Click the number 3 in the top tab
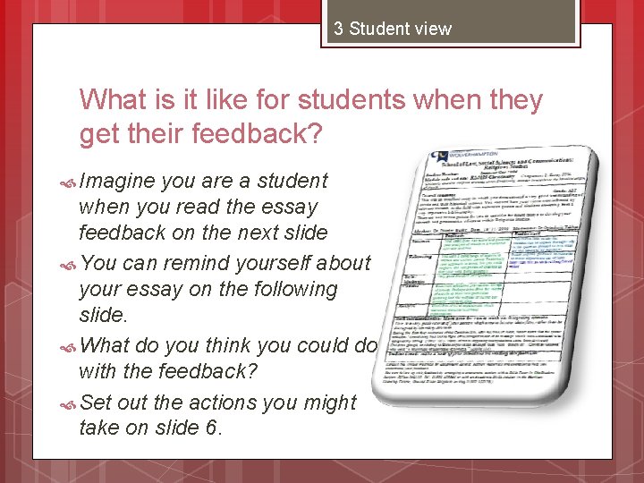click(x=339, y=29)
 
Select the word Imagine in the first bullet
click(x=115, y=181)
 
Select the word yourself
click(x=273, y=263)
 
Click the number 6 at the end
click(x=211, y=428)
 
